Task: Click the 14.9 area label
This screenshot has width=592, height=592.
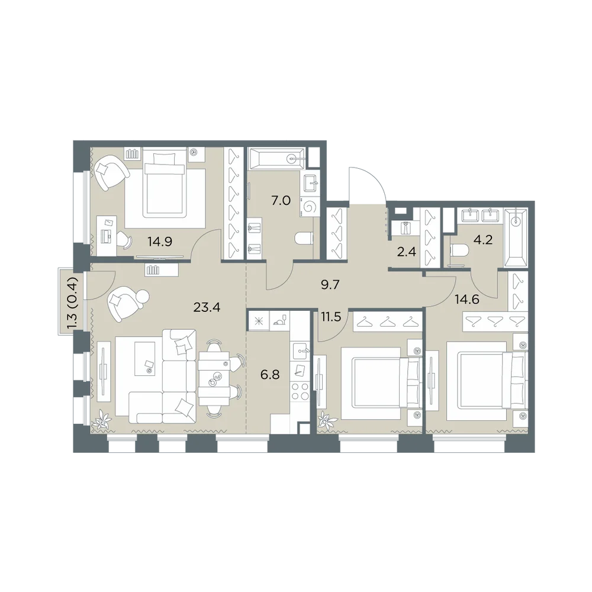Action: pyautogui.click(x=160, y=242)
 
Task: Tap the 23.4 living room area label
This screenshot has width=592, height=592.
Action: pyautogui.click(x=207, y=307)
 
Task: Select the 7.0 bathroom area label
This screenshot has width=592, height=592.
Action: pyautogui.click(x=281, y=201)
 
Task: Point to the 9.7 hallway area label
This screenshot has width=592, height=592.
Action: pyautogui.click(x=330, y=285)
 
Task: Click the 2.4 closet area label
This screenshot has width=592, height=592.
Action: pyautogui.click(x=406, y=252)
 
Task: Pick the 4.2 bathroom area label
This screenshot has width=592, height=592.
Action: pyautogui.click(x=483, y=240)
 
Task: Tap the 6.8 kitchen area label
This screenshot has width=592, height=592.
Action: pyautogui.click(x=270, y=375)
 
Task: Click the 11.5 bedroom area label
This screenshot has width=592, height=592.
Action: pyautogui.click(x=331, y=317)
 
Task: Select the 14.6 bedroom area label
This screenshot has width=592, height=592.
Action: pyautogui.click(x=467, y=300)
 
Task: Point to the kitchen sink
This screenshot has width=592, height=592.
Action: pyautogui.click(x=301, y=352)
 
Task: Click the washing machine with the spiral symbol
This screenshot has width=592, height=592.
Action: pyautogui.click(x=310, y=207)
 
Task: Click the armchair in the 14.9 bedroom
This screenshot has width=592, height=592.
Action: pyautogui.click(x=111, y=173)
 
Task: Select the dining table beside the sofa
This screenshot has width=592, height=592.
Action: pyautogui.click(x=214, y=378)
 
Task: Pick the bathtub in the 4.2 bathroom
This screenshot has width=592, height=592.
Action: pyautogui.click(x=515, y=239)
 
